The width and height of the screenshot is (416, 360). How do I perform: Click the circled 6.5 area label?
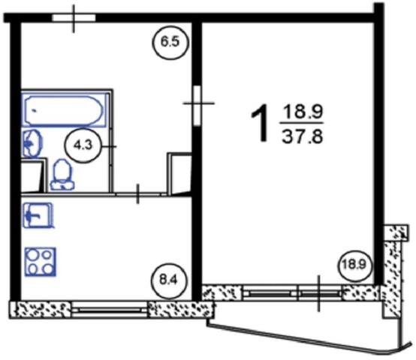[171, 42]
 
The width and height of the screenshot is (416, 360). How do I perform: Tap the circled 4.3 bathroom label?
[83, 145]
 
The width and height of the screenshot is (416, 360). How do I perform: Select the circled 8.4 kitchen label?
[168, 280]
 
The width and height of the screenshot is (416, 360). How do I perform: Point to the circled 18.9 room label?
[354, 265]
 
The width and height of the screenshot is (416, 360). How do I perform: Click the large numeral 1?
[259, 123]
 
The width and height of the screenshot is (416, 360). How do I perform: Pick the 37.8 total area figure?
[302, 137]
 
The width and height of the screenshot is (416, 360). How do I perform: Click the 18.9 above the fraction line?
[303, 112]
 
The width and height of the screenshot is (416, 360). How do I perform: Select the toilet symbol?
[62, 175]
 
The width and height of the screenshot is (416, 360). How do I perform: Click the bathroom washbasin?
[32, 144]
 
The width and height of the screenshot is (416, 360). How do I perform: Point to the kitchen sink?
[38, 215]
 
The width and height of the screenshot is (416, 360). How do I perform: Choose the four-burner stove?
[41, 262]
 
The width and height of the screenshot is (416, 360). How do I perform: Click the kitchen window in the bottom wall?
[109, 310]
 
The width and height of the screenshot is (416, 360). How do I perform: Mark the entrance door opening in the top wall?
[74, 18]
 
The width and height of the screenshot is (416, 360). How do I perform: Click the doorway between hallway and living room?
[197, 106]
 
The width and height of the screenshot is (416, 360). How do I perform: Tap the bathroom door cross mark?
[112, 146]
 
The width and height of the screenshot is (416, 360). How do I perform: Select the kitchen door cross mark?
[137, 194]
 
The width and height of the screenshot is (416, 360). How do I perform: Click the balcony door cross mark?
[319, 293]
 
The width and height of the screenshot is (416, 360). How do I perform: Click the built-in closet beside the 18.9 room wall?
[179, 174]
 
